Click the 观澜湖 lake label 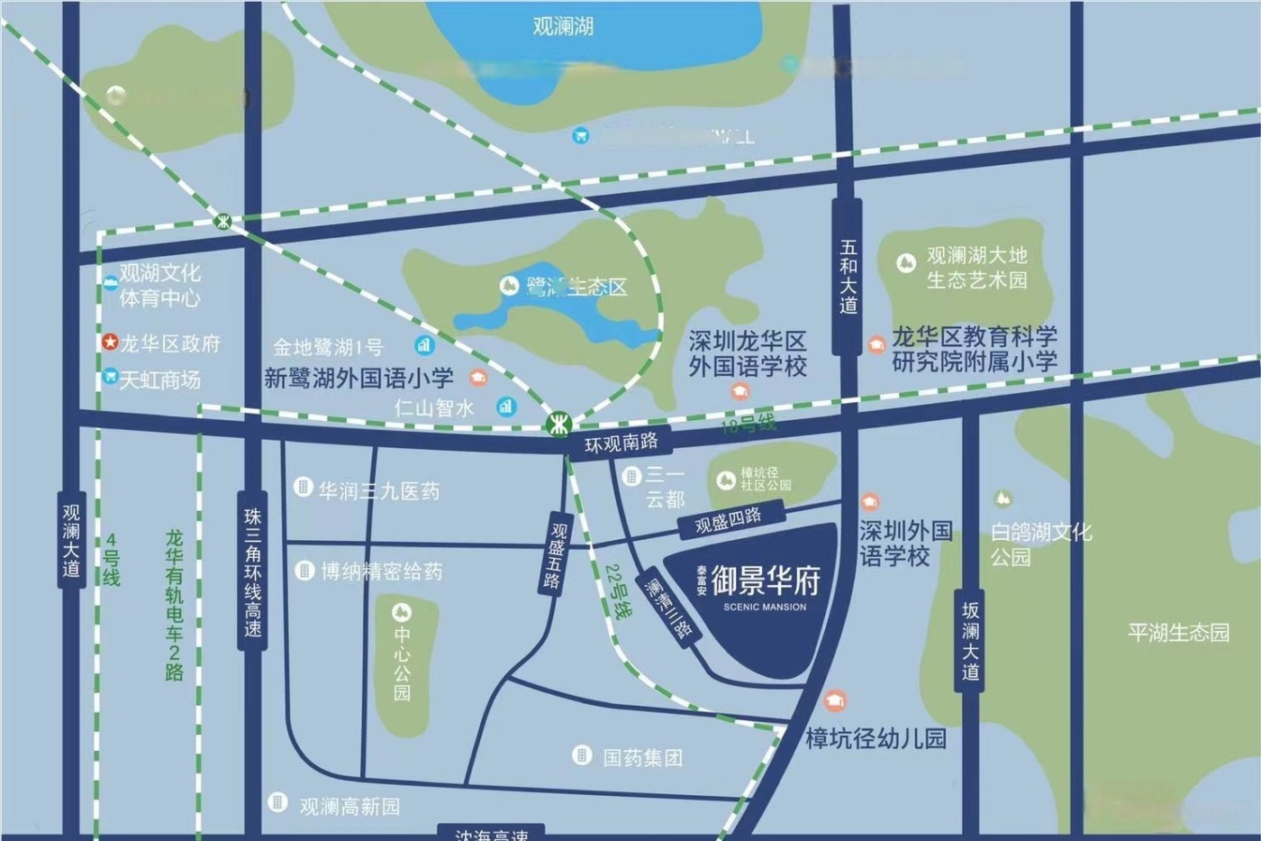click(x=563, y=26)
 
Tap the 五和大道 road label click(x=848, y=276)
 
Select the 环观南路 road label click(x=621, y=443)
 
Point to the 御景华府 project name click(x=766, y=581)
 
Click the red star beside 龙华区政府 click(x=109, y=343)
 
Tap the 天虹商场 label click(x=160, y=379)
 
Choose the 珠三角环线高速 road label click(x=253, y=571)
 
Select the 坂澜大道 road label click(x=970, y=641)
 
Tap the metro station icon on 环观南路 click(x=559, y=422)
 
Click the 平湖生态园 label click(x=1178, y=632)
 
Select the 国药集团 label click(x=642, y=757)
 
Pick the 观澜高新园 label click(x=349, y=806)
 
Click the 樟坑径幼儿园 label click(x=875, y=739)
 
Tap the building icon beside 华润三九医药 click(x=304, y=488)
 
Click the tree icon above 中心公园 click(x=402, y=612)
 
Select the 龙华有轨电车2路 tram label click(x=174, y=605)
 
